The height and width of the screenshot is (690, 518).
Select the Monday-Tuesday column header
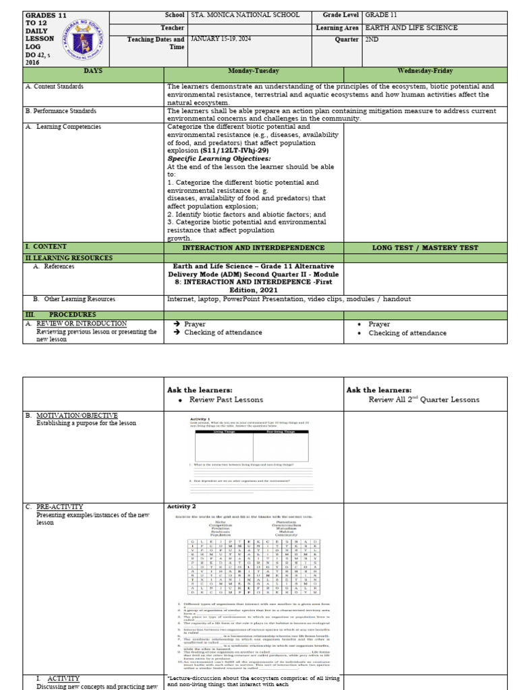click(x=254, y=71)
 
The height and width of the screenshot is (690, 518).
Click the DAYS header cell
click(x=93, y=71)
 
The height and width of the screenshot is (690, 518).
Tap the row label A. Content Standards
click(x=55, y=87)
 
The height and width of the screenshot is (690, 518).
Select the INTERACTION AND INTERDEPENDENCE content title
click(x=254, y=248)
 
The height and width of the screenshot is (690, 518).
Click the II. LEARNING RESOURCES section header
click(x=69, y=258)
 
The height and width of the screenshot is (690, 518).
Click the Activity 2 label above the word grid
click(x=181, y=507)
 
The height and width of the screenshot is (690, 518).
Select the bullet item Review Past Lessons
click(x=225, y=400)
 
